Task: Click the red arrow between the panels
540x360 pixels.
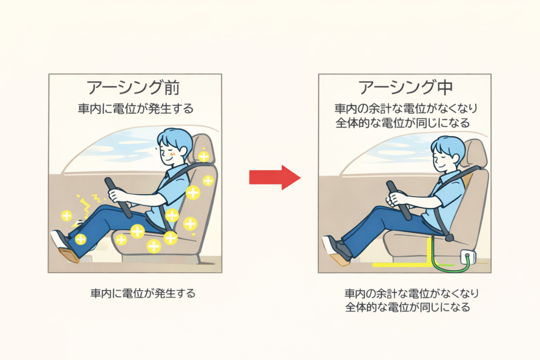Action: click(x=275, y=178)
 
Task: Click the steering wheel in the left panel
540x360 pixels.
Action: click(x=119, y=198)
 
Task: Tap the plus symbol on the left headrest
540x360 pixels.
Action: click(x=204, y=156)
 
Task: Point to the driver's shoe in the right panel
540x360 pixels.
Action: click(x=336, y=249)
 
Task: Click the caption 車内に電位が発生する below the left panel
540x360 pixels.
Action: click(x=143, y=293)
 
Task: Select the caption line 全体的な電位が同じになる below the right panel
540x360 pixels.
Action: click(x=408, y=307)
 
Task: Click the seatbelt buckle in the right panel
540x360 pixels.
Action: click(x=449, y=237)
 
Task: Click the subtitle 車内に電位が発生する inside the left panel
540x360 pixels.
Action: click(x=136, y=109)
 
